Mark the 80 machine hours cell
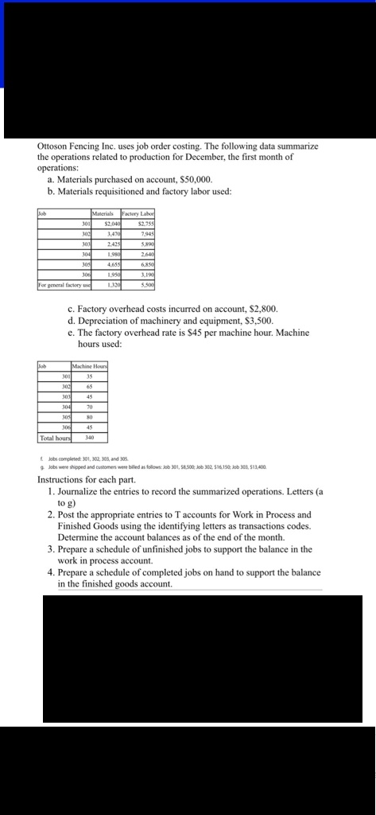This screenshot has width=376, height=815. point(90,417)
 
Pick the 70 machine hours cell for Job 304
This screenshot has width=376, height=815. point(90,407)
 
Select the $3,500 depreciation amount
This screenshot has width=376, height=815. point(256,320)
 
